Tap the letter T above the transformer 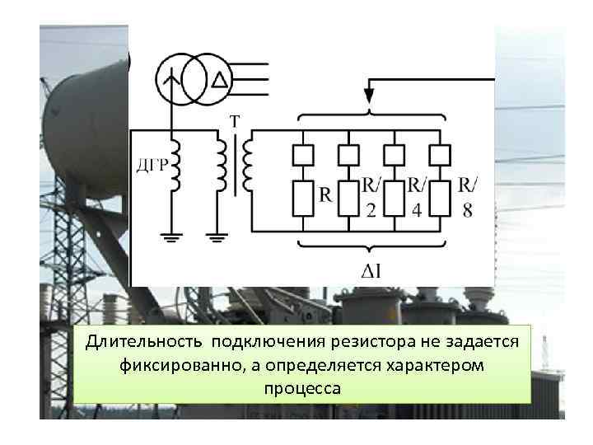click(235, 122)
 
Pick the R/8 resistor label click(467, 195)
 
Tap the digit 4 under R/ click(417, 210)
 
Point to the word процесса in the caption click(301, 386)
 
